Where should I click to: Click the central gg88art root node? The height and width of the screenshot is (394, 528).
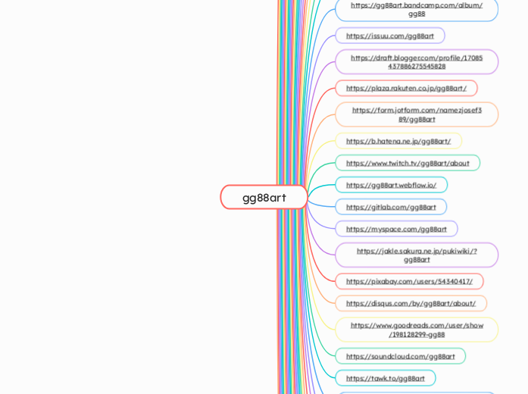[x=264, y=197]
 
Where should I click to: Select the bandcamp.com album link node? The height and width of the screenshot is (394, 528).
[x=417, y=9]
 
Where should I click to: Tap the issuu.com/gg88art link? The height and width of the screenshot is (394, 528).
[x=390, y=36]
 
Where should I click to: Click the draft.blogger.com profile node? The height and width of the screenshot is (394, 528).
[x=417, y=61]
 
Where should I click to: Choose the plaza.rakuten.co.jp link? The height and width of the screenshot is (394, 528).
[x=406, y=88]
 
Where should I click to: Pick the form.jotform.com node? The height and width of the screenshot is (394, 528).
[x=417, y=114]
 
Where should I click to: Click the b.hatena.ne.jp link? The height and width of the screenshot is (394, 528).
[x=398, y=141]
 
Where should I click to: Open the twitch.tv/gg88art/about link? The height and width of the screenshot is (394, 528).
[x=408, y=163]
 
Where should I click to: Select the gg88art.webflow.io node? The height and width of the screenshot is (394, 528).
[x=391, y=185]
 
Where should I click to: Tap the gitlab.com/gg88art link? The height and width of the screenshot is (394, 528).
[x=391, y=207]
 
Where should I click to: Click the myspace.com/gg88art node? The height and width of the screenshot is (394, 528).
[x=396, y=229]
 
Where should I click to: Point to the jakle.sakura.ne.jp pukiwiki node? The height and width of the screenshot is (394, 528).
[x=417, y=255]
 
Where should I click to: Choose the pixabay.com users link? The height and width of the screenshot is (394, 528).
[x=409, y=281]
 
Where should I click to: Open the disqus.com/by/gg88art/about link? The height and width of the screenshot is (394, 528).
[x=411, y=303]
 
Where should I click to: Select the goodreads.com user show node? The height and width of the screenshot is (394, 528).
[x=417, y=330]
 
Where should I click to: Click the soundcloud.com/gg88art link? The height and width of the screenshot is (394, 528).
[x=401, y=356]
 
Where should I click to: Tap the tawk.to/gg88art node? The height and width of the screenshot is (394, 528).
[x=386, y=378]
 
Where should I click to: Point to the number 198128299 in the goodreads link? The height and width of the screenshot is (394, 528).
[x=409, y=334]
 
